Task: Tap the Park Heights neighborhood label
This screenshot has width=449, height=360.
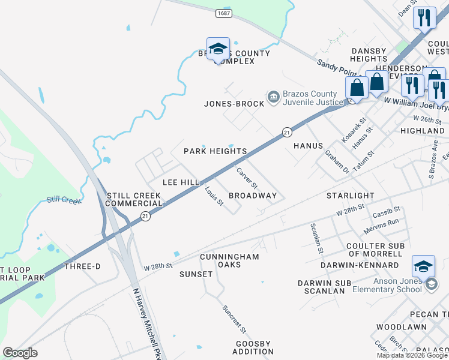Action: [x=215, y=151]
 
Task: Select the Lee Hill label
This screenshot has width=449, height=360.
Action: [x=181, y=182]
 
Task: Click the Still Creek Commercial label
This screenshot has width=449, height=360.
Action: [x=134, y=200]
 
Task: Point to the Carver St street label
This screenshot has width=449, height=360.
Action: [x=247, y=177]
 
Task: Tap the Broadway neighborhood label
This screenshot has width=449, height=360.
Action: [x=253, y=196]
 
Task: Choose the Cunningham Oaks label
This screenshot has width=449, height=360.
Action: [x=229, y=261]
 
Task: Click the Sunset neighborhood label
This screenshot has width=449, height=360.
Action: [x=196, y=274]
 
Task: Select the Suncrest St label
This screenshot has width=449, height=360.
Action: [x=234, y=319]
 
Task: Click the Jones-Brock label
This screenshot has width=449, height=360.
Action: [x=234, y=104]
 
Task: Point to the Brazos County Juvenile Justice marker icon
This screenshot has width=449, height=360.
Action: [x=274, y=97]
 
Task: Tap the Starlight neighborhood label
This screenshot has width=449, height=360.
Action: [x=350, y=196]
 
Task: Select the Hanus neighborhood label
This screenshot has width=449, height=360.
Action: [x=309, y=146]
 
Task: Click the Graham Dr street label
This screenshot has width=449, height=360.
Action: [x=337, y=161]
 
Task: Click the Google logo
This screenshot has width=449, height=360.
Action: [x=20, y=353]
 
